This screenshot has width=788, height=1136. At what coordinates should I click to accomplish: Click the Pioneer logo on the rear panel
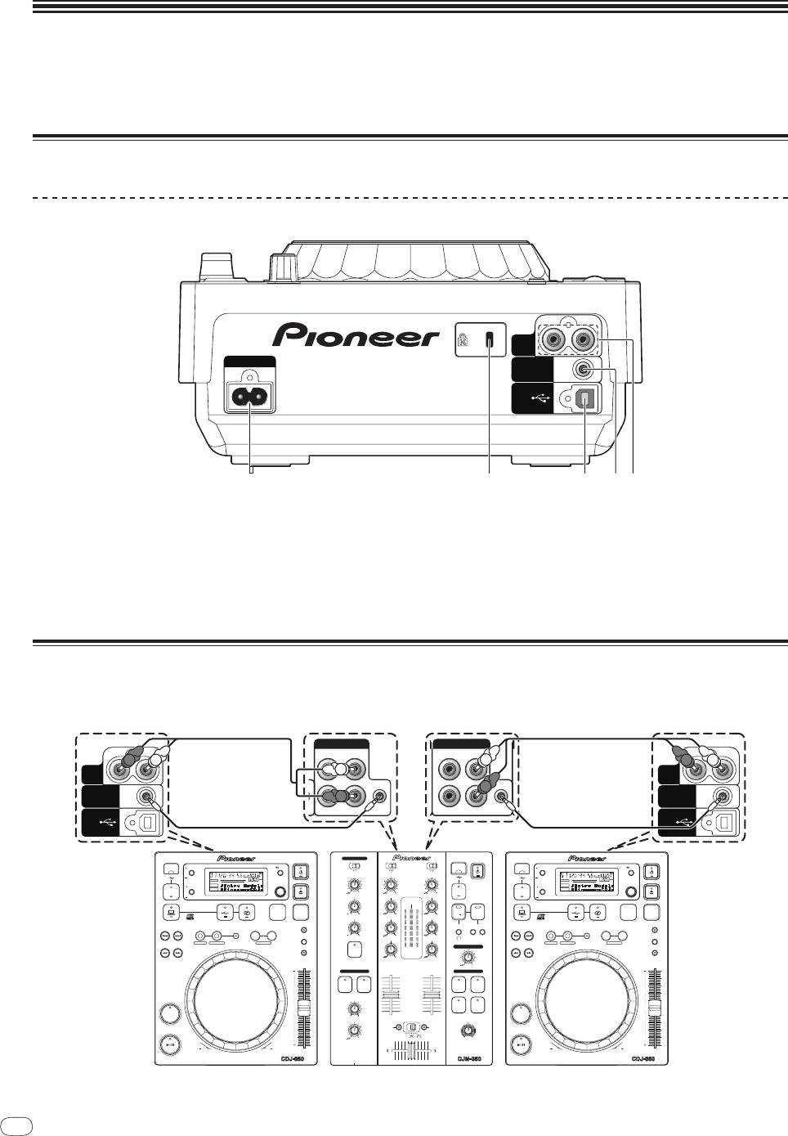[x=356, y=335]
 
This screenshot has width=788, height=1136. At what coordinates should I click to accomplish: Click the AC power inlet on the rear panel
[x=252, y=398]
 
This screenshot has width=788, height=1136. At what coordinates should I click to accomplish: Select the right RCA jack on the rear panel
[x=585, y=338]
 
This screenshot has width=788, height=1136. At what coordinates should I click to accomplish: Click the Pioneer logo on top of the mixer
[x=412, y=858]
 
